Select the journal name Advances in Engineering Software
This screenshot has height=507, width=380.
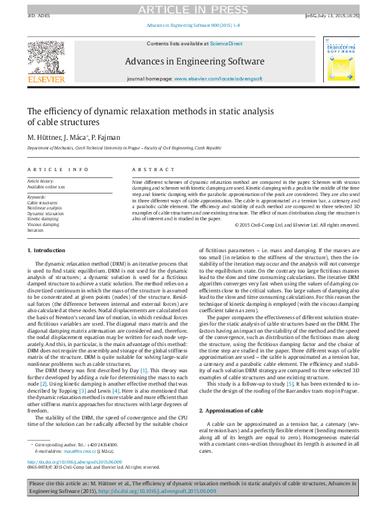[x=194, y=61]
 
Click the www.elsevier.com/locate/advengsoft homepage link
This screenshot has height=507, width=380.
[x=218, y=77]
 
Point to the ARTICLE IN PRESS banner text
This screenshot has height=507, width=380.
[x=190, y=9]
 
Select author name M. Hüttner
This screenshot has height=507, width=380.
[x=44, y=137]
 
